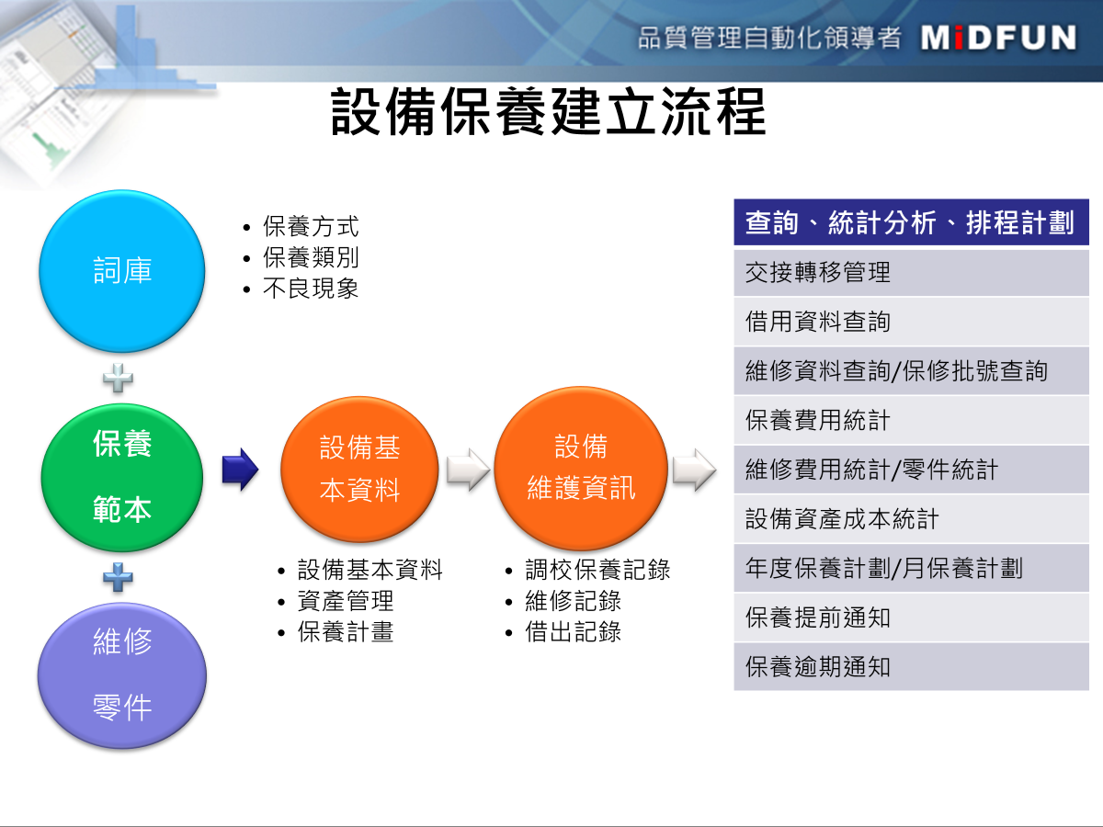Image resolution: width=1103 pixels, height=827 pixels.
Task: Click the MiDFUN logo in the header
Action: [998, 39]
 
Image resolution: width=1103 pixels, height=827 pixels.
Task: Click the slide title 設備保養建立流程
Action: [549, 111]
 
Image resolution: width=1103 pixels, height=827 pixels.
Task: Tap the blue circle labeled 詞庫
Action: [122, 271]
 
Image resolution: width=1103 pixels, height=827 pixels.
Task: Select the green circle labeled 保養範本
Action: [122, 478]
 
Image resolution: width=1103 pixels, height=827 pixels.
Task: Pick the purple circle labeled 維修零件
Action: [122, 675]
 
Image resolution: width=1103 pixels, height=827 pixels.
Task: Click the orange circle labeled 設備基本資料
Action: [359, 469]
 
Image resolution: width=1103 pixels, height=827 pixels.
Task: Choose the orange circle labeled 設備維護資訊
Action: [581, 468]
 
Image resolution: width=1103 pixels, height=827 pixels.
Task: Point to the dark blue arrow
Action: [240, 469]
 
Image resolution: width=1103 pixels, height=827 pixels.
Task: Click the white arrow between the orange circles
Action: [468, 470]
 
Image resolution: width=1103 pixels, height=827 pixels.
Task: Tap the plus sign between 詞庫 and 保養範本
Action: [118, 378]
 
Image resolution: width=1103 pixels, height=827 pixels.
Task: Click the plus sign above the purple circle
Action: [118, 577]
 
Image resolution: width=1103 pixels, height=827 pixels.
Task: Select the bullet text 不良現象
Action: [311, 289]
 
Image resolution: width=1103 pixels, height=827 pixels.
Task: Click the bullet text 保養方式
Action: [311, 226]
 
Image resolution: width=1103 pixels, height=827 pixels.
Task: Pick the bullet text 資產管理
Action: [346, 601]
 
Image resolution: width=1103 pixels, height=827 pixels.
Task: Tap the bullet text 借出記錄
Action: [573, 631]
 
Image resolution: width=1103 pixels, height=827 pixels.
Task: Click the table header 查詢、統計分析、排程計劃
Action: [911, 222]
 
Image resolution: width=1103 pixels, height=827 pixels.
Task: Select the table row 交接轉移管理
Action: [911, 273]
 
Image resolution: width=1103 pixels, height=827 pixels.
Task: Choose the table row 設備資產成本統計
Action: [911, 518]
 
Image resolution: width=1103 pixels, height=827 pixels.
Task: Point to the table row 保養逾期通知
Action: [911, 667]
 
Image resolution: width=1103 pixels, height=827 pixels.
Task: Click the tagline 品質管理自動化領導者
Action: [769, 39]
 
